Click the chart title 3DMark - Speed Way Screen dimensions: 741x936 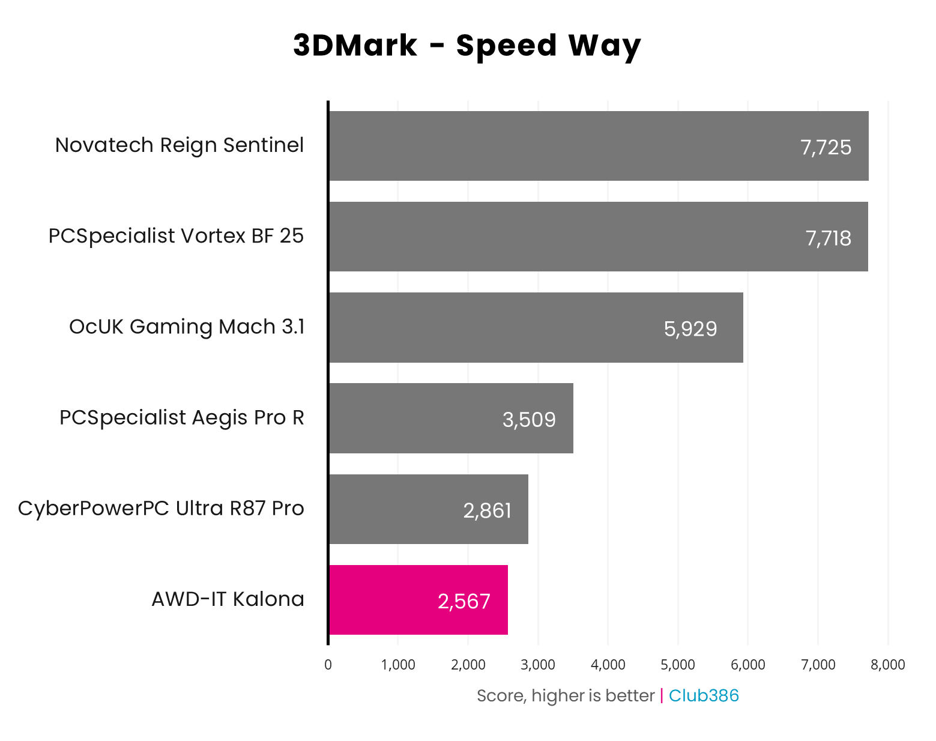(x=467, y=46)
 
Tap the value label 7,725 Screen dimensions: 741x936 (x=826, y=147)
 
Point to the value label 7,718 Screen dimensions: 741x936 (x=828, y=238)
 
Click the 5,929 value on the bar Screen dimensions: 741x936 (x=690, y=329)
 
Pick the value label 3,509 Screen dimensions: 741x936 (x=528, y=420)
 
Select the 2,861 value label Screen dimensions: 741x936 (x=487, y=510)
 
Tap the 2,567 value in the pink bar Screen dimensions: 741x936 (x=463, y=601)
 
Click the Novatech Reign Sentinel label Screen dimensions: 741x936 (x=179, y=145)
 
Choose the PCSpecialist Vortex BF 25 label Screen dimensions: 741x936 (x=176, y=236)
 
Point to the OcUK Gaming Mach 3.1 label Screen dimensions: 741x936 (x=186, y=327)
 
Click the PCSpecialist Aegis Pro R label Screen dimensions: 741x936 (x=181, y=417)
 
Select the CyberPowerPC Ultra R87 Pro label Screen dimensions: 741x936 (x=161, y=509)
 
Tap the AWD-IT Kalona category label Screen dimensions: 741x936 (x=228, y=599)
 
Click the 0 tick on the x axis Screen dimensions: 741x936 (x=328, y=665)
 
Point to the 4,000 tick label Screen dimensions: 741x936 (x=608, y=665)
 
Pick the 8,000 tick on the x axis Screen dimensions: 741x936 (x=887, y=665)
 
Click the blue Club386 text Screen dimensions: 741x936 (x=704, y=695)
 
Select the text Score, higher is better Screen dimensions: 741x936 (x=565, y=695)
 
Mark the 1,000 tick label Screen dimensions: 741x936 (x=398, y=665)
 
